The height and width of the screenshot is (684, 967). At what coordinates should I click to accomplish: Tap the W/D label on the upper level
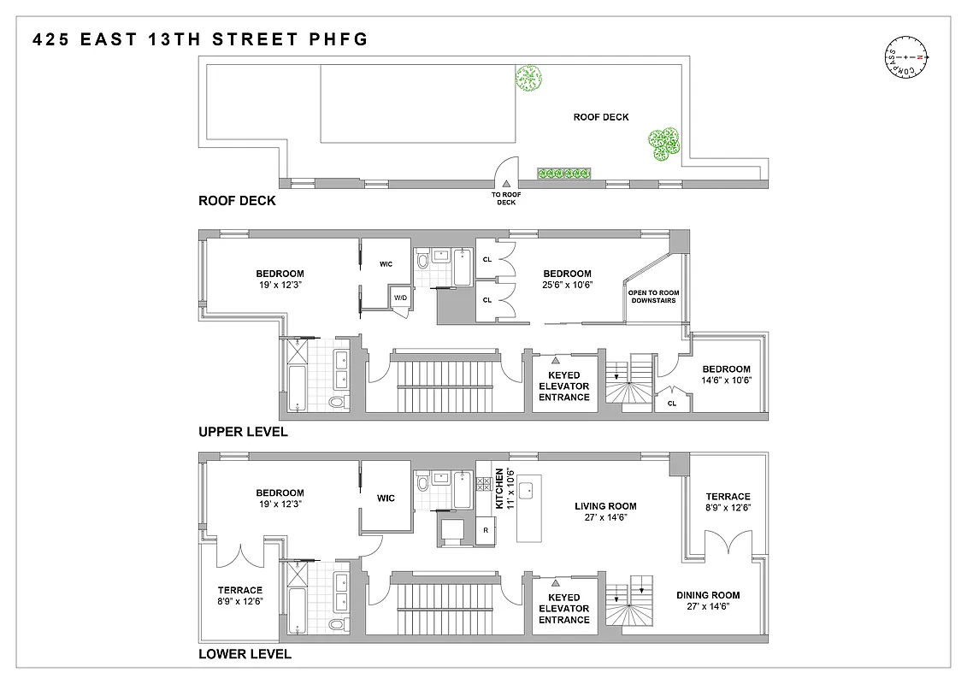(400, 298)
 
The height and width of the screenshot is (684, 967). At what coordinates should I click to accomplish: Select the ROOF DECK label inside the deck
(600, 117)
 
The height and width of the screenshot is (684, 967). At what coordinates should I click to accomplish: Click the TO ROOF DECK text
(506, 199)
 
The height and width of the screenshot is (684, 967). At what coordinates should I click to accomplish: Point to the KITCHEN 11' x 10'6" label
(505, 489)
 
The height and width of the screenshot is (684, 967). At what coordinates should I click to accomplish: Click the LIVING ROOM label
(605, 511)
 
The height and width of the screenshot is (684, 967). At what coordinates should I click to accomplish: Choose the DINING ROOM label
(708, 601)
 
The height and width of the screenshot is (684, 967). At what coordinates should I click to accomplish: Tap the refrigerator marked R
(486, 530)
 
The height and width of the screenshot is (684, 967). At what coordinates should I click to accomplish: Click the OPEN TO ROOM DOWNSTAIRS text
(652, 297)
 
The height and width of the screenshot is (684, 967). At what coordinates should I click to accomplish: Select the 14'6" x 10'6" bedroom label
(725, 374)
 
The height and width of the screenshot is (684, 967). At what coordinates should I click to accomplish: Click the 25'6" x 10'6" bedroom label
(567, 279)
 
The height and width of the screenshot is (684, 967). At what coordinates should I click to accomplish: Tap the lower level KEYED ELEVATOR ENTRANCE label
(564, 609)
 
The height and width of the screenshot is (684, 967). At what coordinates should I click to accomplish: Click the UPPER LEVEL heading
(243, 432)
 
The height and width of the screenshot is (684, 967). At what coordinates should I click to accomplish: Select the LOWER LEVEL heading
(245, 654)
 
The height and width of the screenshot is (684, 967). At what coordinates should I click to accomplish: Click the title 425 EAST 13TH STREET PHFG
(200, 39)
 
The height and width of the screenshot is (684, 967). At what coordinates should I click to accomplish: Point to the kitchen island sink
(528, 490)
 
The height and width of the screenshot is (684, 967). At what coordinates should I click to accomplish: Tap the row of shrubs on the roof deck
(563, 174)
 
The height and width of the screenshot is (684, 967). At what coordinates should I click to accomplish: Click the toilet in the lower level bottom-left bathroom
(336, 627)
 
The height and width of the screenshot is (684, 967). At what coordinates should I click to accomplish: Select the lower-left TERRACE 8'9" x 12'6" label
(239, 596)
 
